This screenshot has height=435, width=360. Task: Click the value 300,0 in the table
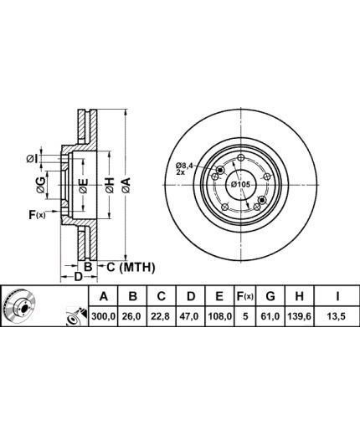pos(103,316)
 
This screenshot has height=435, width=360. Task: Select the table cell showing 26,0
pos(133,316)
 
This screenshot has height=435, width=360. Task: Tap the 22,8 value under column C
pos(162,316)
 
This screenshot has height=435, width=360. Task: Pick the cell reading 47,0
pos(191,316)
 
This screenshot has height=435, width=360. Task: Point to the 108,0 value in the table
pos(219,316)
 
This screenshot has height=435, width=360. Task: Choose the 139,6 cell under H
pos(300,316)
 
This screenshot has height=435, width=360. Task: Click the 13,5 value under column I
pos(337,316)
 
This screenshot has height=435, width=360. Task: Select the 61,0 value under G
pos(270,316)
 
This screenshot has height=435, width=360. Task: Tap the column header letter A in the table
pos(103,296)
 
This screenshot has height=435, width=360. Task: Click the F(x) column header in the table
pos(244,296)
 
